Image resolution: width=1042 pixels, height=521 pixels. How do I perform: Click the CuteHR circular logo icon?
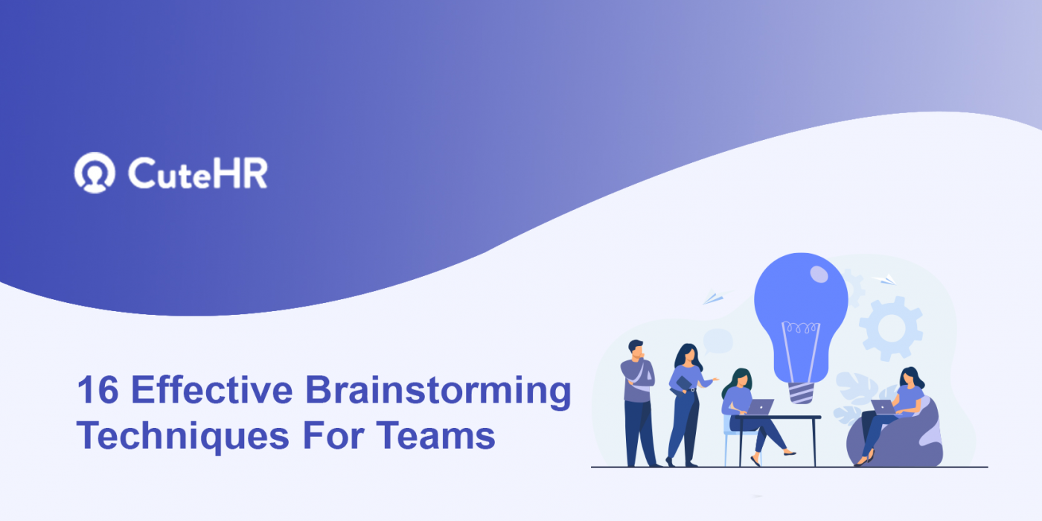tap(95, 173)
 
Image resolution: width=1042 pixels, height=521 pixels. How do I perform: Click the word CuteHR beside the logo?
tap(197, 173)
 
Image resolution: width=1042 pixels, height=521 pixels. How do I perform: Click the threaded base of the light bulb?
tap(800, 391)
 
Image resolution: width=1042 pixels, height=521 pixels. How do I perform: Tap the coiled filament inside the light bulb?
tap(800, 328)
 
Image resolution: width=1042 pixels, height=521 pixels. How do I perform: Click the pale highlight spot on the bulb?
tap(819, 275)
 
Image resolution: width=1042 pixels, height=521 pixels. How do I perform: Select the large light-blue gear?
tap(891, 327)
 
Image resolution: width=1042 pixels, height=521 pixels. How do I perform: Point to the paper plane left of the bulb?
tap(713, 298)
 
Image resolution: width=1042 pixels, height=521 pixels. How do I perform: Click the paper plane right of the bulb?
tap(885, 280)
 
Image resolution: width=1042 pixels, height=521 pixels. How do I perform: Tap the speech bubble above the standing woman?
tap(717, 341)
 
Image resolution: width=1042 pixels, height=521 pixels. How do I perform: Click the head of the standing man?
tap(636, 349)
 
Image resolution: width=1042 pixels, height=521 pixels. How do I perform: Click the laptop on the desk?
tap(760, 407)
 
